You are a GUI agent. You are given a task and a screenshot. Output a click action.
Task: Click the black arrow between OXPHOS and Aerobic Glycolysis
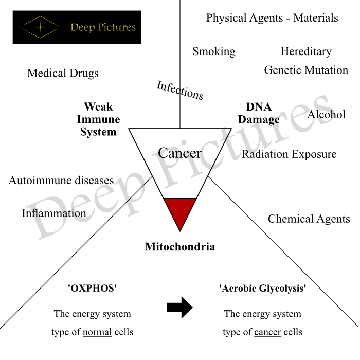click(x=179, y=308)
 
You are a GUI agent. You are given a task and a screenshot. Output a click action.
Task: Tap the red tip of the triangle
click(x=179, y=212)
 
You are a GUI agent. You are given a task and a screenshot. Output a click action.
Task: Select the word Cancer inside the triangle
click(x=179, y=153)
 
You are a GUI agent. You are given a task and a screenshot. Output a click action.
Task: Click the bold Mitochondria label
click(x=179, y=247)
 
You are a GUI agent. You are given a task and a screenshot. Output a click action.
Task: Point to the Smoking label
click(x=214, y=51)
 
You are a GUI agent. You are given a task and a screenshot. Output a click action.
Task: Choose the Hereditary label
click(x=306, y=51)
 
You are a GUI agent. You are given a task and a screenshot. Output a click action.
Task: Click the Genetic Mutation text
click(x=306, y=70)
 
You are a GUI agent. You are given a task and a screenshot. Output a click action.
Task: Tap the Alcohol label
click(x=326, y=114)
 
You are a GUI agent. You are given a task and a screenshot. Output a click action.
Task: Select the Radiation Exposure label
click(x=289, y=154)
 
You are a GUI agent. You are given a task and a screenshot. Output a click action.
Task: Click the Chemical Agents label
click(x=309, y=219)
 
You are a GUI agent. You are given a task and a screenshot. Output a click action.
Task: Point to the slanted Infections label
click(x=180, y=91)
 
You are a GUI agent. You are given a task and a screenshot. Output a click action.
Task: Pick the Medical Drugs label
click(x=63, y=74)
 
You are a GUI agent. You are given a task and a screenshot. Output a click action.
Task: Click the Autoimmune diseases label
click(x=61, y=181)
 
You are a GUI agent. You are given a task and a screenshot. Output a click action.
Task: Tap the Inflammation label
click(x=54, y=213)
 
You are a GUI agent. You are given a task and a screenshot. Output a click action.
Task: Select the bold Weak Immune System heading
click(x=98, y=119)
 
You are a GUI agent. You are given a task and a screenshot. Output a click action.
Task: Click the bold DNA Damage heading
click(x=259, y=113)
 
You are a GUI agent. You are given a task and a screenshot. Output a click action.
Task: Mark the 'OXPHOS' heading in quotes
click(x=93, y=289)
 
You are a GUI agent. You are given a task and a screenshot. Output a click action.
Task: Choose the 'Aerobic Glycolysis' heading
click(x=262, y=289)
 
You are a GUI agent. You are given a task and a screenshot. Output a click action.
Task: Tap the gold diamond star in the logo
click(x=40, y=26)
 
